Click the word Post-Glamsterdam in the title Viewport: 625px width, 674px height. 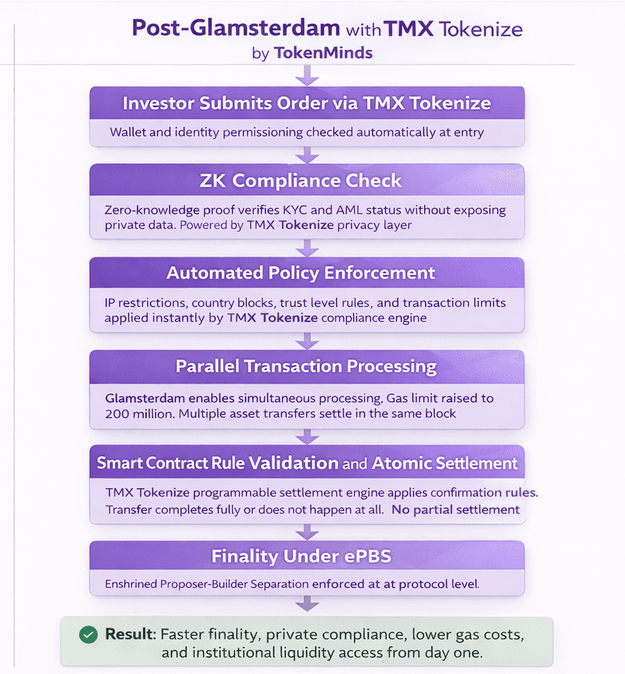coord(236,29)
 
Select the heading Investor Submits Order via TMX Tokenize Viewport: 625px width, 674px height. coord(307,103)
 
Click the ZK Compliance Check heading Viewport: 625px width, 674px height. coord(307,180)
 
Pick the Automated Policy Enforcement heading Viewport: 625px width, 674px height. coord(301,273)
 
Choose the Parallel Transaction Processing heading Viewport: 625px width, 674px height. coord(307,366)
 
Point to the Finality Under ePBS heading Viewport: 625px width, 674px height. coord(301,556)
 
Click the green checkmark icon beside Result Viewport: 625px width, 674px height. coord(88,635)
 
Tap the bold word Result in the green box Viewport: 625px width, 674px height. coord(129,635)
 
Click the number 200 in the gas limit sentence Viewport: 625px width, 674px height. coord(118,414)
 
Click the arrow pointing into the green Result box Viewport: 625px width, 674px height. coord(307,604)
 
